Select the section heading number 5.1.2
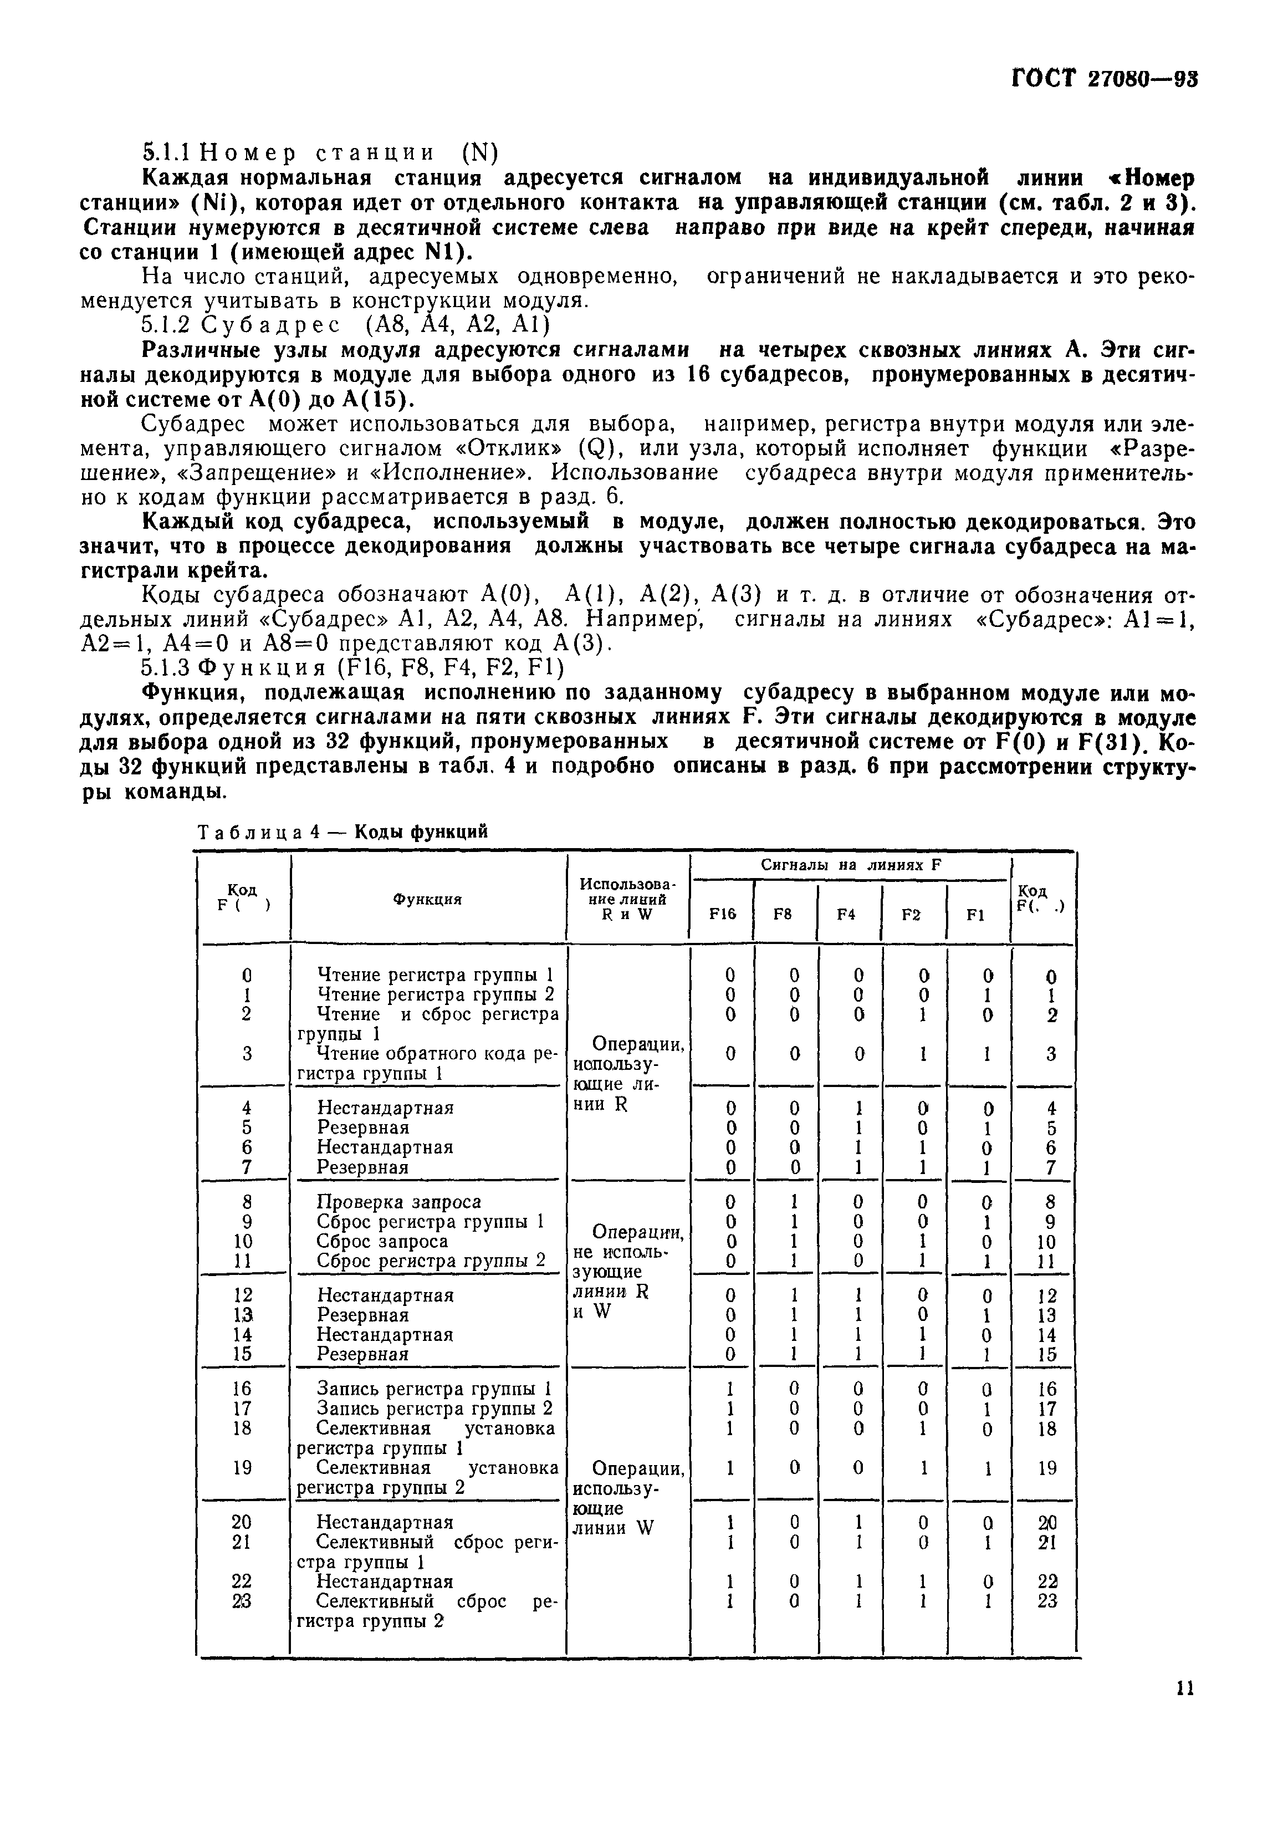tap(167, 325)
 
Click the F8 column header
tap(783, 914)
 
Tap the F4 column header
tap(847, 914)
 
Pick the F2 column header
tap(911, 914)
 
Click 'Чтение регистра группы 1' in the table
tap(436, 976)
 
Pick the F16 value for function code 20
tap(729, 1522)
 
